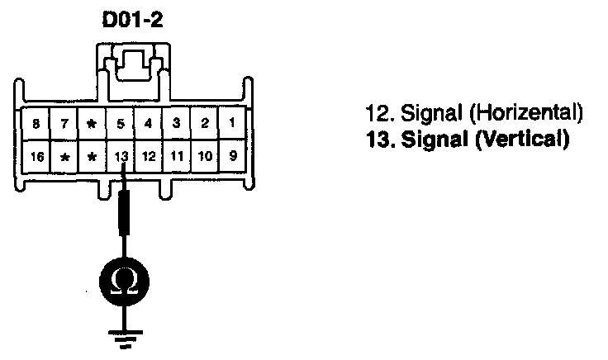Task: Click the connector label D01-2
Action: coord(134,21)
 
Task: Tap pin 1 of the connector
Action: coord(232,124)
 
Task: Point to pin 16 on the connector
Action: coord(36,154)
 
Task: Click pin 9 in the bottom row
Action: coord(232,154)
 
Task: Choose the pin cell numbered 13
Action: coord(121,154)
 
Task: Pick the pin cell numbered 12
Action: coord(149,154)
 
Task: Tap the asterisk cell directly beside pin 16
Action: coord(64,154)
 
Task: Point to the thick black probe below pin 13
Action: coord(124,211)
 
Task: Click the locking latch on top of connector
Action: coord(134,62)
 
